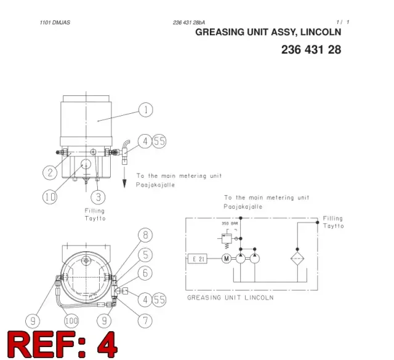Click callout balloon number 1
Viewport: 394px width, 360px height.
coord(146,110)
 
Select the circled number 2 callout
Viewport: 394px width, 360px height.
coord(50,172)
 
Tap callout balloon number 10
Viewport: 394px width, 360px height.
coord(50,197)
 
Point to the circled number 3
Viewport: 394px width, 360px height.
coord(98,197)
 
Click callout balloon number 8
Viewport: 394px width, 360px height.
coord(145,235)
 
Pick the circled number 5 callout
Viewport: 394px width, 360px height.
coord(145,255)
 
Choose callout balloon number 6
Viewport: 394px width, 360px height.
coord(145,273)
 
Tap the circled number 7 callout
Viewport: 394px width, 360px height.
coord(145,321)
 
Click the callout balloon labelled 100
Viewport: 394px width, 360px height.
coord(71,321)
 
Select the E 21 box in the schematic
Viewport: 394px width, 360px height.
coord(198,258)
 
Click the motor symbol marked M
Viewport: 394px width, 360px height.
coord(227,258)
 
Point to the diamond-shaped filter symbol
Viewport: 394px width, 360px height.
coord(297,258)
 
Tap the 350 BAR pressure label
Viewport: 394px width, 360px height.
coord(230,223)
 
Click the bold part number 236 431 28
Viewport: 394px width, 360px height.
coord(311,50)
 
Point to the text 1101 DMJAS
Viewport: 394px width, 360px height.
coord(55,23)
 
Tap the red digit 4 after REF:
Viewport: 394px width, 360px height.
coord(107,344)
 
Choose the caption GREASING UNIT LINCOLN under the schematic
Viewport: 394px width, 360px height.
coord(230,298)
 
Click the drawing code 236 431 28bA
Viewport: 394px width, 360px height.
coord(189,23)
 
